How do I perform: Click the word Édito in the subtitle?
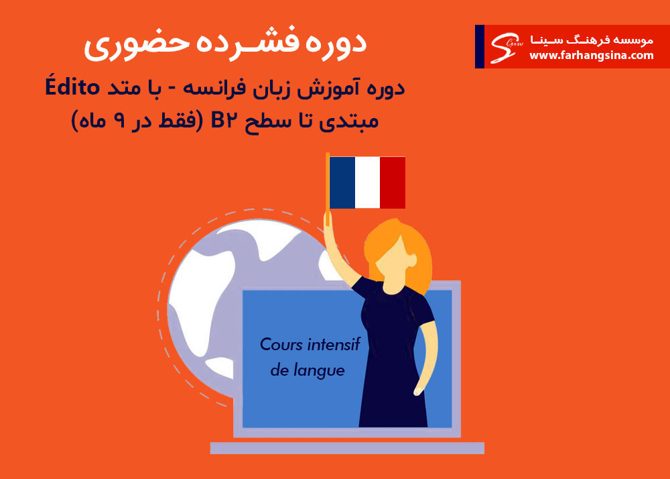click(x=72, y=88)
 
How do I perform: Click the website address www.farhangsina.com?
click(x=592, y=56)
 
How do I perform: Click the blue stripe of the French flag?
click(x=342, y=182)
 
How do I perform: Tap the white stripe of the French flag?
click(x=367, y=182)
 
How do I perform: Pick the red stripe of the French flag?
click(x=393, y=182)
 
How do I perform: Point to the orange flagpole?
click(x=328, y=188)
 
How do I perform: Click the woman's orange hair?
click(x=399, y=252)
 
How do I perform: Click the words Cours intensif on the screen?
click(x=310, y=344)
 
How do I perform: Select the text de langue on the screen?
click(x=308, y=370)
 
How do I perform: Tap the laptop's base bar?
click(x=347, y=447)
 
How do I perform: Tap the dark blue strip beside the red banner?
click(x=480, y=46)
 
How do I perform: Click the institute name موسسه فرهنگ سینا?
click(x=592, y=40)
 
